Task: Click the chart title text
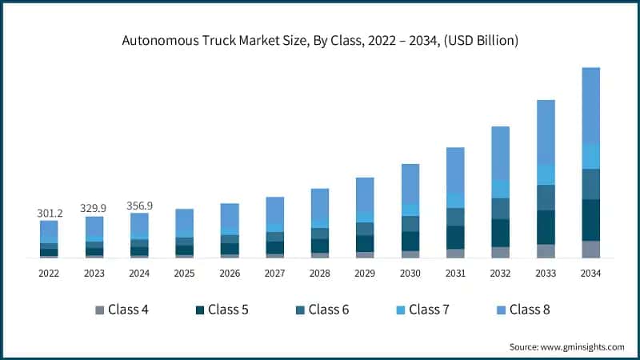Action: coord(320,40)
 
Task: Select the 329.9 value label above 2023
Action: coord(94,208)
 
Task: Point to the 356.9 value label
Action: coord(139,206)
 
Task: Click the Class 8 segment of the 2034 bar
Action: coord(590,104)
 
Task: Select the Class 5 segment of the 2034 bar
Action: coord(590,220)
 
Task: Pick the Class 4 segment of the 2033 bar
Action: coord(546,250)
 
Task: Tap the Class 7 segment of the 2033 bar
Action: coord(546,174)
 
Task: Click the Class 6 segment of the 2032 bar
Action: coord(500,208)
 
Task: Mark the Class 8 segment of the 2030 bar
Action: coord(410,183)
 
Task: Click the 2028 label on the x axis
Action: coord(320,274)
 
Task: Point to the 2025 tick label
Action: coord(184,274)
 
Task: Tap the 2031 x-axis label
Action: coord(455,274)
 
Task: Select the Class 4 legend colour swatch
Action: coord(99,310)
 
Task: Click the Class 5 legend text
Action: coord(227,310)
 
